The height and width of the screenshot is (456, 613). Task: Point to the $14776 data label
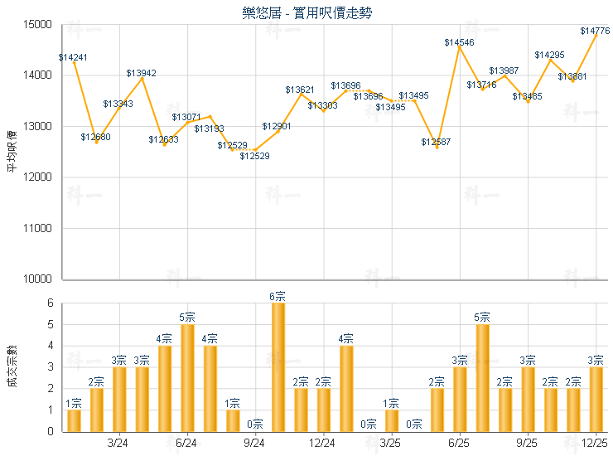[595, 31]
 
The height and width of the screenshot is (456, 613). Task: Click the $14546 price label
[459, 42]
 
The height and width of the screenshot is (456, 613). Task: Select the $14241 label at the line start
[73, 57]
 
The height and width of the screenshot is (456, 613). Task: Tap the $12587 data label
[436, 143]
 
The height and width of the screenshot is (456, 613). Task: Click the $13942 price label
[141, 73]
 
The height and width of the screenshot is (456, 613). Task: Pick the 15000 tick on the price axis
[39, 24]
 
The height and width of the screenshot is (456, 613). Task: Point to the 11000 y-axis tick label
[39, 228]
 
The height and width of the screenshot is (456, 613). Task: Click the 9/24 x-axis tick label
[255, 444]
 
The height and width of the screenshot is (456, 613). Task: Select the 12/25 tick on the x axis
[596, 444]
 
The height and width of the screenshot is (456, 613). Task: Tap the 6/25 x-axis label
[459, 444]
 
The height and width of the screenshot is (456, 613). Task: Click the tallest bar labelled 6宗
[278, 367]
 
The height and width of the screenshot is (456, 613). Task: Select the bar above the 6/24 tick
[187, 378]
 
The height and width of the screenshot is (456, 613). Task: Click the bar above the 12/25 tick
[596, 399]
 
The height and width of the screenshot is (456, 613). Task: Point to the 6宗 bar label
[278, 296]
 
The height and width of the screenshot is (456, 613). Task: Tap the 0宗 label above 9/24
[255, 424]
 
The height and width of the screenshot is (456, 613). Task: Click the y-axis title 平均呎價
[12, 152]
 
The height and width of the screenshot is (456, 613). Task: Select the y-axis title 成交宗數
[12, 366]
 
